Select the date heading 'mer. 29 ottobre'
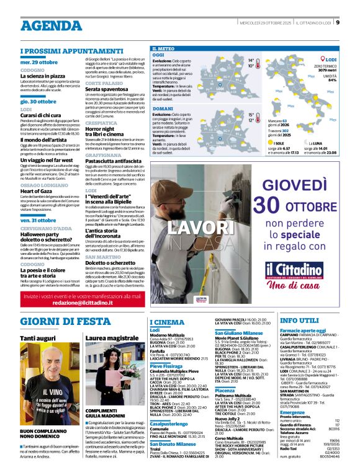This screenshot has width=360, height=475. pyautogui.click(x=38, y=63)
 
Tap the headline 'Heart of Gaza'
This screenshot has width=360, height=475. pyautogui.click(x=36, y=191)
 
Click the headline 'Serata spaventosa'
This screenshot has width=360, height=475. pyautogui.click(x=106, y=89)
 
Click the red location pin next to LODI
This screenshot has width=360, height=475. pyautogui.click(x=323, y=60)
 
